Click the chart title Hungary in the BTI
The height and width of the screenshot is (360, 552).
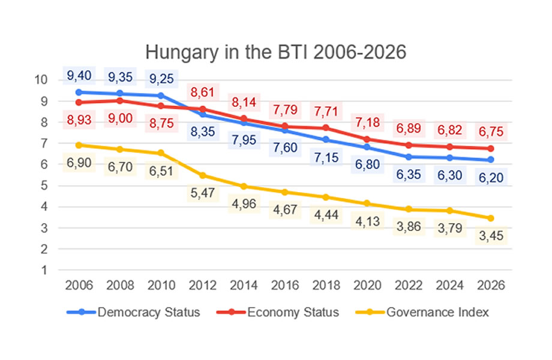(276, 52)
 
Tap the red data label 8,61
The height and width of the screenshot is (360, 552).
(202, 93)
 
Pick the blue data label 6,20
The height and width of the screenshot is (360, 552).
(490, 177)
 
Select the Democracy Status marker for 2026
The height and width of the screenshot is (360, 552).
(490, 160)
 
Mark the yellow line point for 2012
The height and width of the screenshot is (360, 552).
(202, 175)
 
